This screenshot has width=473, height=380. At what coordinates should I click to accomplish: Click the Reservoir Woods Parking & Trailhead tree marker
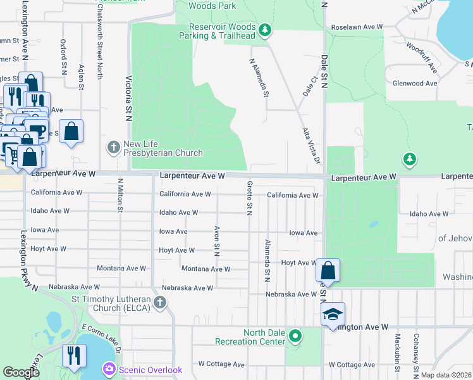point(265,30)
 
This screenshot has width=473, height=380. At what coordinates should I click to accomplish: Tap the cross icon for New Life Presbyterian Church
point(114,147)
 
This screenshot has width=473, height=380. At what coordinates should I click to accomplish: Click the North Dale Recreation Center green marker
point(295,336)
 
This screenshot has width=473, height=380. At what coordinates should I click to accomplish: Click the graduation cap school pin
point(333,315)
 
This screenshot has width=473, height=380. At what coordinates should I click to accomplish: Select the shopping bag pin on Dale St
point(328,270)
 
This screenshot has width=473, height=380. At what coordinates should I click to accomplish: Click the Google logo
point(21,372)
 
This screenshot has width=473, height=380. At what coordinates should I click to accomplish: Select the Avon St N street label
point(217,241)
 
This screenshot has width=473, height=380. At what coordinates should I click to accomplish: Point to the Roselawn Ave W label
point(357,27)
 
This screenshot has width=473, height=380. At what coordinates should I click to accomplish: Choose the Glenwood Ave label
point(415,83)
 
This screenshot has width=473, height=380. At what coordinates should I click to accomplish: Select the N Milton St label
point(120,194)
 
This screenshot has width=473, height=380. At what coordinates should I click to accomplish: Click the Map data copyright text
point(446,375)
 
